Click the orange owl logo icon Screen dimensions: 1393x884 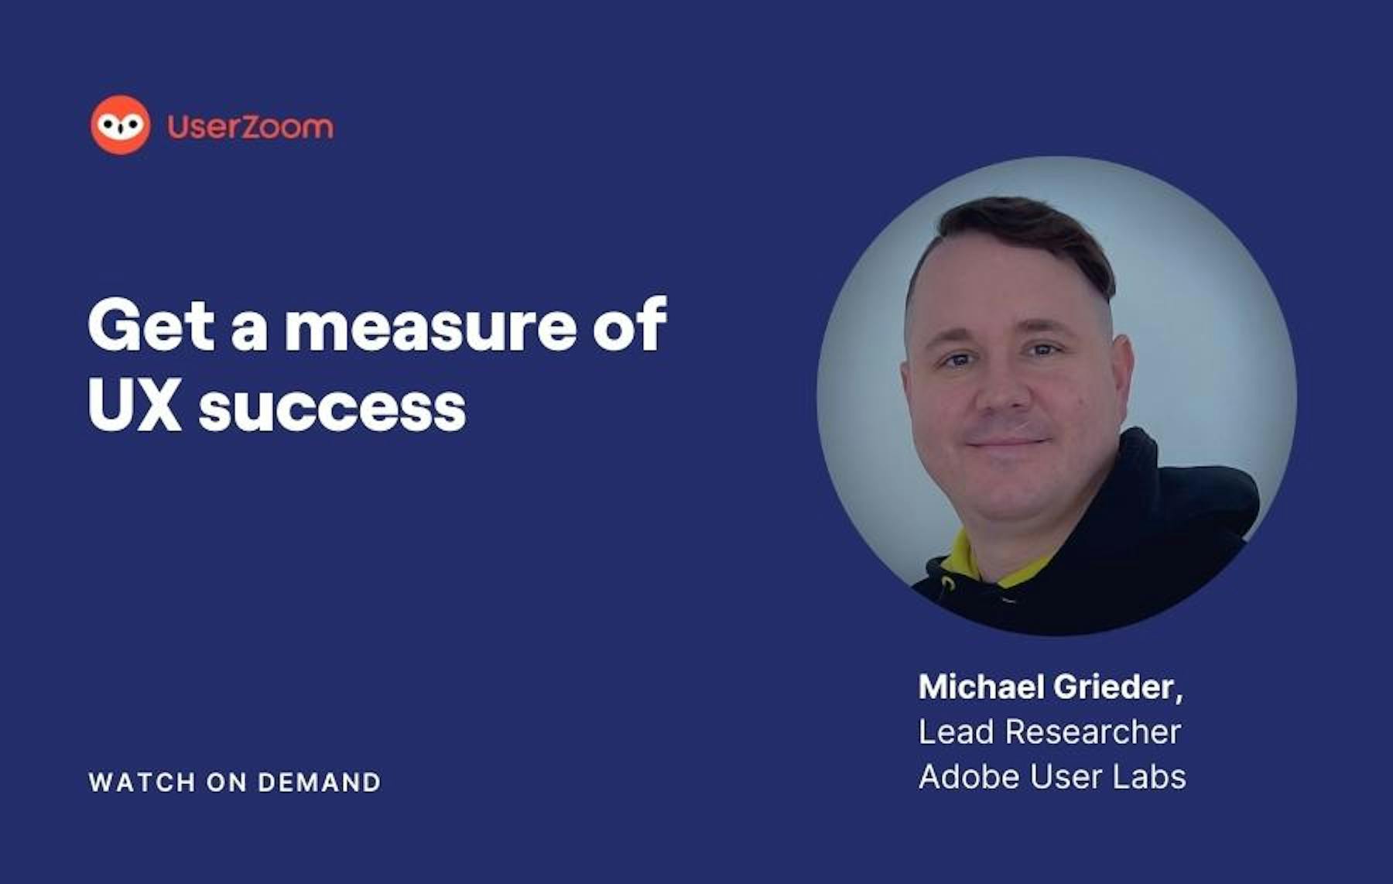pyautogui.click(x=121, y=125)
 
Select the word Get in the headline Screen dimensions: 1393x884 pyautogui.click(x=151, y=326)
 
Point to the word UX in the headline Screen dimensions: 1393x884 pyautogui.click(x=135, y=405)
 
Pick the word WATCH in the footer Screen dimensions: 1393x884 pyautogui.click(x=142, y=782)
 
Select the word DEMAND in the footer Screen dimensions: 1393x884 pyautogui.click(x=320, y=782)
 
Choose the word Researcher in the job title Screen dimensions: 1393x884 pyautogui.click(x=1093, y=732)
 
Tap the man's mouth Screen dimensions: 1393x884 pyautogui.click(x=1007, y=444)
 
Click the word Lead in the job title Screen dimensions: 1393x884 pyautogui.click(x=956, y=732)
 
